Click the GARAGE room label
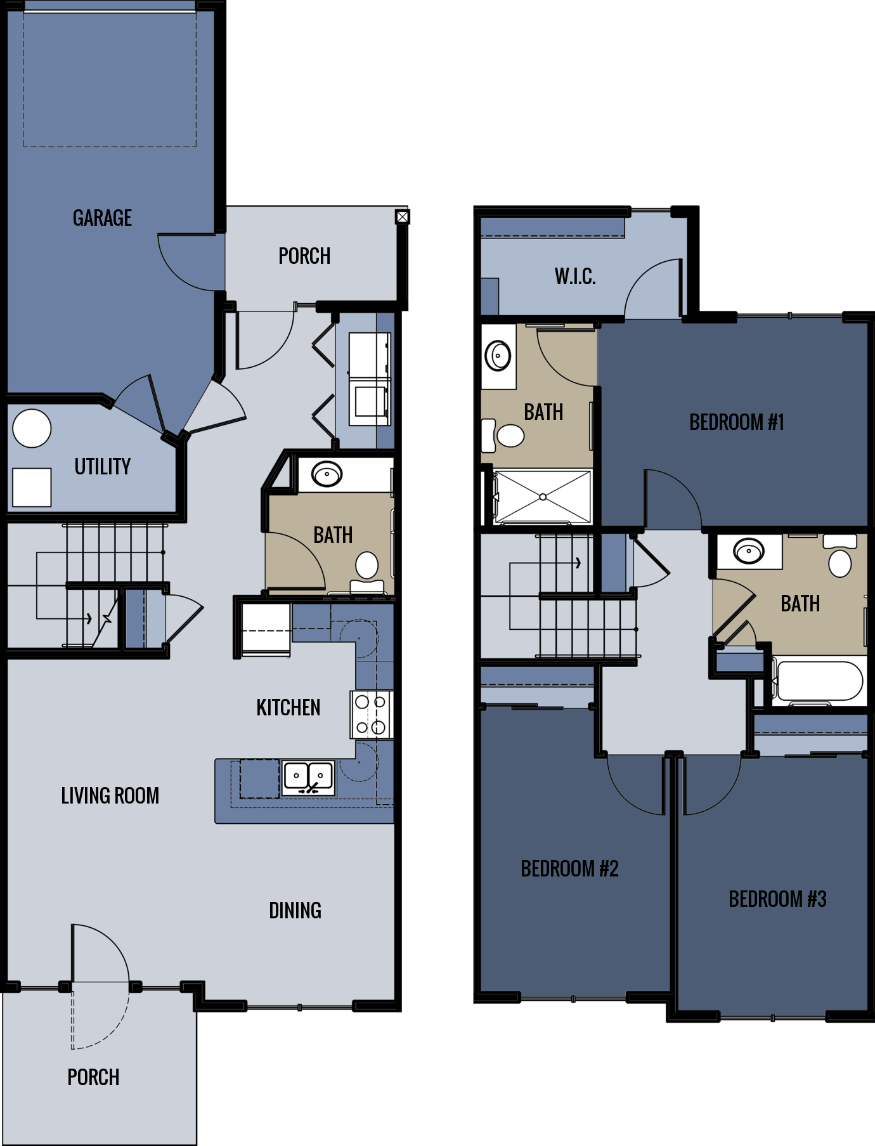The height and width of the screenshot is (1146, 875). (102, 218)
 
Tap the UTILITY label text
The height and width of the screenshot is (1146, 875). (102, 467)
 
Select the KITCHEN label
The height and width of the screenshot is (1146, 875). (288, 707)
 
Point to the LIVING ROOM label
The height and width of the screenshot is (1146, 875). (110, 795)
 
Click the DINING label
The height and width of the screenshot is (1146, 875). (295, 910)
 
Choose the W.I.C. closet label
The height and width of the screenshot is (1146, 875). (575, 276)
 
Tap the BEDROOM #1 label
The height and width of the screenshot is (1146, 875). (737, 422)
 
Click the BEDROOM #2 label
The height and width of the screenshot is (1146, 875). (569, 868)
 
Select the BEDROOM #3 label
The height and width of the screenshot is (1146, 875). (777, 899)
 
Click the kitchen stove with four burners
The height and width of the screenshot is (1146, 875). (371, 715)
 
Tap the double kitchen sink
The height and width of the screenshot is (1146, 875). (308, 777)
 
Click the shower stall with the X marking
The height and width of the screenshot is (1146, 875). (543, 497)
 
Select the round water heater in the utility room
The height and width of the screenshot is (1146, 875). (32, 429)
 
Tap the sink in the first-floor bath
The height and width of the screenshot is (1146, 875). (327, 474)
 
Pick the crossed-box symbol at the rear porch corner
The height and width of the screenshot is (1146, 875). (402, 217)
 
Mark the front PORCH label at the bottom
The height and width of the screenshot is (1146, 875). (93, 1077)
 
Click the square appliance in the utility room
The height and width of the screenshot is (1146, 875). (32, 487)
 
